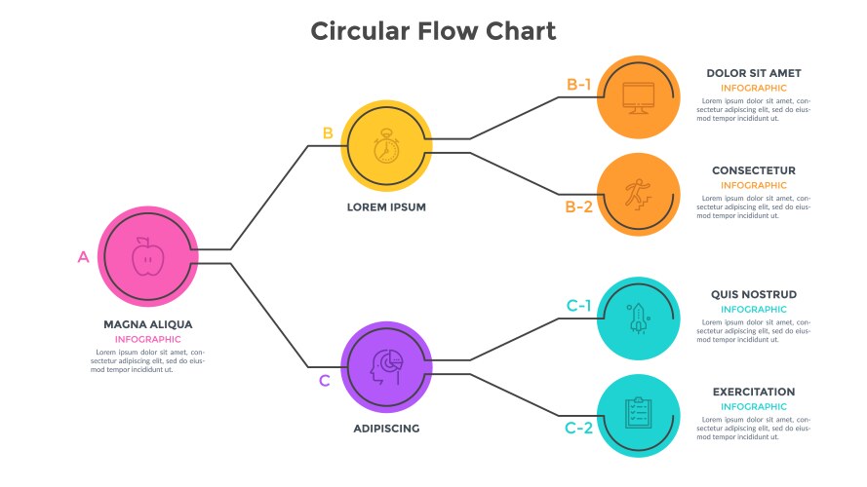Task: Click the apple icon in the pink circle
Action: click(148, 257)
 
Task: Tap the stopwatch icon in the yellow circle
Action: click(386, 147)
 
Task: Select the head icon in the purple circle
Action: click(386, 366)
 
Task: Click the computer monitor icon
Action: click(638, 96)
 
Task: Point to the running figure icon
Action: click(638, 194)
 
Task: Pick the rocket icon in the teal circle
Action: click(638, 318)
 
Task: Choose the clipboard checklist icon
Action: click(638, 414)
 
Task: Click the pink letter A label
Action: click(83, 257)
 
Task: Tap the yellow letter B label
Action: click(328, 133)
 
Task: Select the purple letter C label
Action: click(325, 381)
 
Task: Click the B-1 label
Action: click(579, 84)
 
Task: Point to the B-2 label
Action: click(579, 206)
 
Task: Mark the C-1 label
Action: click(579, 306)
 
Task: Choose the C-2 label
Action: click(579, 428)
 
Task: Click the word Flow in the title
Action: click(437, 31)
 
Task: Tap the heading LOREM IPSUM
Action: click(386, 207)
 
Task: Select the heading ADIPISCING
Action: click(386, 428)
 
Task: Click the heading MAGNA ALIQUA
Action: click(148, 324)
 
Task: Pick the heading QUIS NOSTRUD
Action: click(754, 294)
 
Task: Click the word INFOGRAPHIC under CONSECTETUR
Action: click(754, 185)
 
